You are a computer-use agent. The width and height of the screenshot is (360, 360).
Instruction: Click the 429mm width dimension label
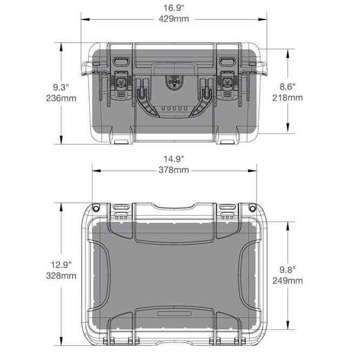[x=174, y=19]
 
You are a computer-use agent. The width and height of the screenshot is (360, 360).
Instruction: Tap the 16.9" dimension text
[x=174, y=8]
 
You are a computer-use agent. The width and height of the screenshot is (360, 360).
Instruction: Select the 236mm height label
[x=61, y=98]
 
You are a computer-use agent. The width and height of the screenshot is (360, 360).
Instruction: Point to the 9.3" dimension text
[x=61, y=87]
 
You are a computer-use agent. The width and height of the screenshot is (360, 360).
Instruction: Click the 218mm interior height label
[x=288, y=98]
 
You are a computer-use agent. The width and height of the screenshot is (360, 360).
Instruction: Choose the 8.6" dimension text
[x=288, y=87]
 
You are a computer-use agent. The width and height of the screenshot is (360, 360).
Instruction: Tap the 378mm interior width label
[x=174, y=170]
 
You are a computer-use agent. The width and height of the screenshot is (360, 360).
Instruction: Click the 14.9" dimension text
[x=174, y=159]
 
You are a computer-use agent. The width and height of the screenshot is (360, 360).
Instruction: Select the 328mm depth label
[x=61, y=276]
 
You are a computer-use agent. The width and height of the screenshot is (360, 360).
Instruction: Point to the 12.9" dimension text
[x=61, y=265]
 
